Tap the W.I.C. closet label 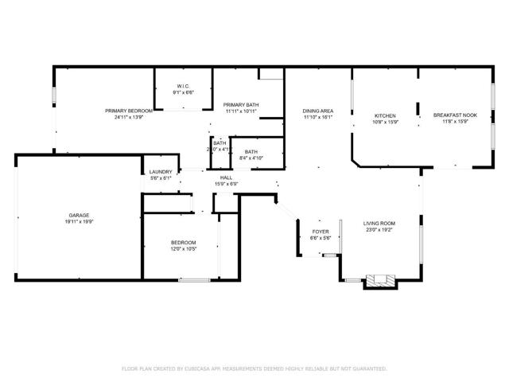tap(183, 87)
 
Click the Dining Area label tap(317, 111)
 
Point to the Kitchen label tap(385, 115)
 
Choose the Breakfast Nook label tap(455, 115)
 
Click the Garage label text tap(78, 214)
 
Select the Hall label tap(227, 177)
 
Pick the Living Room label tap(379, 223)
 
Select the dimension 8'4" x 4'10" tap(251, 158)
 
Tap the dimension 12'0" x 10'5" tap(183, 248)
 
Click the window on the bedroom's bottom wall tap(194, 279)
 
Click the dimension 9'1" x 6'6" tap(183, 93)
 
